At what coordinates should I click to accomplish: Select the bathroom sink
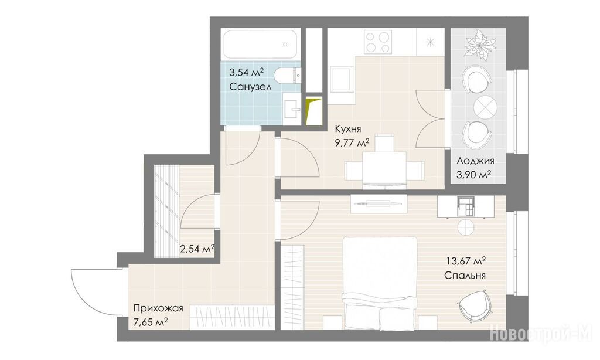292,108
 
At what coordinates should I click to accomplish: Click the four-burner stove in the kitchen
377,42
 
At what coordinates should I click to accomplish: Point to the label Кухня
348,128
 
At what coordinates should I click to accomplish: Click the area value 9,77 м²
352,143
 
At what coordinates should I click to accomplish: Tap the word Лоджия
475,161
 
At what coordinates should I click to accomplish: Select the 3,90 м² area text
474,175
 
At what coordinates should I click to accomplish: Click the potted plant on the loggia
480,45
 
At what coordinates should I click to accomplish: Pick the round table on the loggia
485,107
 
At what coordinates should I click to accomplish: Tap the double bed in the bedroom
380,283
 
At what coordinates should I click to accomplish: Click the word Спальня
465,276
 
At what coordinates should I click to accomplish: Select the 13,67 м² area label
466,261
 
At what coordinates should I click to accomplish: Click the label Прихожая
158,308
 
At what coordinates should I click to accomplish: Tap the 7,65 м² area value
151,322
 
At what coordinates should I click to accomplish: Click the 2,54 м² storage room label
197,249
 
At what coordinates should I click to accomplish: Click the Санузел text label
250,87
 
